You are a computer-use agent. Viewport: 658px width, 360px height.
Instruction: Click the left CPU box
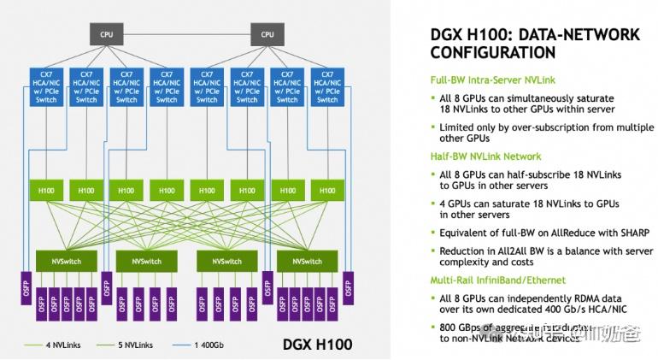tap(106, 34)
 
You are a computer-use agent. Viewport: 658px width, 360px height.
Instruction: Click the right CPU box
tap(267, 34)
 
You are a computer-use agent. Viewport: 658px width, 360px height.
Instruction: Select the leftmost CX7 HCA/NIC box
tap(46, 87)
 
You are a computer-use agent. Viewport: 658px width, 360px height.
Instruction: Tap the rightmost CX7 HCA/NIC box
tap(327, 87)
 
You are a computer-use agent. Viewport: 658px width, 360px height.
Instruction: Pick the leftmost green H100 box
tap(46, 190)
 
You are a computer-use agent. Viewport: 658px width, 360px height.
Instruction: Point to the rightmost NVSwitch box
tap(306, 260)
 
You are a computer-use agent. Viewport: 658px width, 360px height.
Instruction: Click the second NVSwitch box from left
tap(145, 260)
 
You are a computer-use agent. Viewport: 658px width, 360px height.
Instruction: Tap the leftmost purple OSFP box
tap(25, 288)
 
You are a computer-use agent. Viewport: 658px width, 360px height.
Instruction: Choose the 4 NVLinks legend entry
tap(46, 345)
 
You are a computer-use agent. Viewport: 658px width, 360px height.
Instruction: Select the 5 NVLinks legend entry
tap(128, 345)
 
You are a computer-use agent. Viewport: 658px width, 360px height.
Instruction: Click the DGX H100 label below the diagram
tap(316, 345)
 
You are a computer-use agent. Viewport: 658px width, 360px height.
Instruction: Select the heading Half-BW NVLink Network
tap(485, 156)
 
